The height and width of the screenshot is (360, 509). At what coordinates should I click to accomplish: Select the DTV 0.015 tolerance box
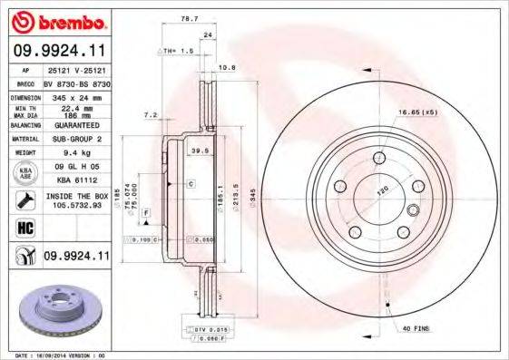209,328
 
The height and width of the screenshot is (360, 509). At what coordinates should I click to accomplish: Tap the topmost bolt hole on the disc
378,161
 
